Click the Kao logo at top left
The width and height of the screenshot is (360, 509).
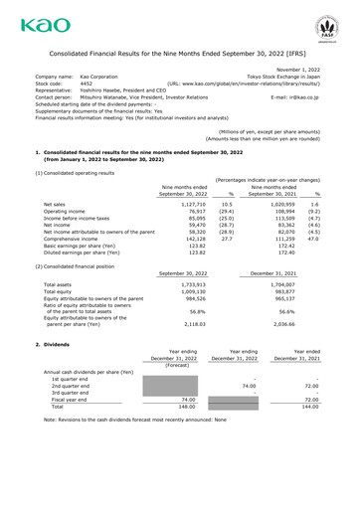pyautogui.click(x=31, y=21)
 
